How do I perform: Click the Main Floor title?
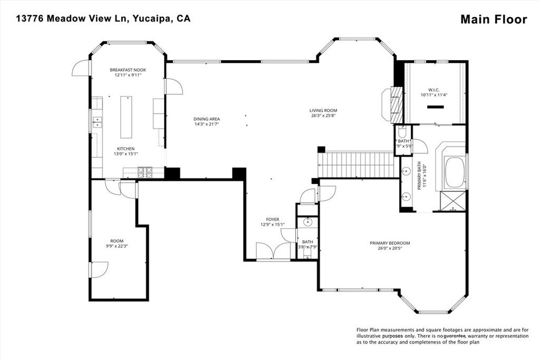494,20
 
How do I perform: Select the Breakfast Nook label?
128,70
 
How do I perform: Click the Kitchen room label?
126,149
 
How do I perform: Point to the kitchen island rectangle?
126,116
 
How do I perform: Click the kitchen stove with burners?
144,172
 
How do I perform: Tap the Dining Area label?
206,119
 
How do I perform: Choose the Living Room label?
323,111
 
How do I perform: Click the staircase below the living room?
356,164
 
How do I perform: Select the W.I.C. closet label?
433,89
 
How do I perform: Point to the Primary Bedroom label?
390,243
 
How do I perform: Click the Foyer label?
273,219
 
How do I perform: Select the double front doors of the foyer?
273,251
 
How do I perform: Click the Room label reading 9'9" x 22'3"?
117,241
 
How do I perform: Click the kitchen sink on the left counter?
97,122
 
